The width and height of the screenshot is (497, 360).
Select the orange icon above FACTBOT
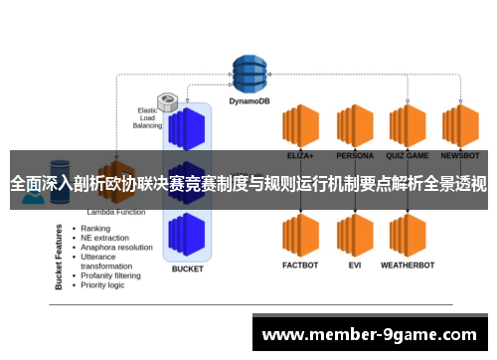click(299, 236)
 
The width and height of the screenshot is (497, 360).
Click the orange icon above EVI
click(353, 236)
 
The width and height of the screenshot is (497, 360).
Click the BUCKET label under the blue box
click(187, 269)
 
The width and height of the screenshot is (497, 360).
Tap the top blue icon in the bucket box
click(187, 127)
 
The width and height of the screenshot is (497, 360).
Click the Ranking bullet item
click(95, 228)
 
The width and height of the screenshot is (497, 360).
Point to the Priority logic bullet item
click(103, 284)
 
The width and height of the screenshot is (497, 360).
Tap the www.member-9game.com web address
click(368, 334)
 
